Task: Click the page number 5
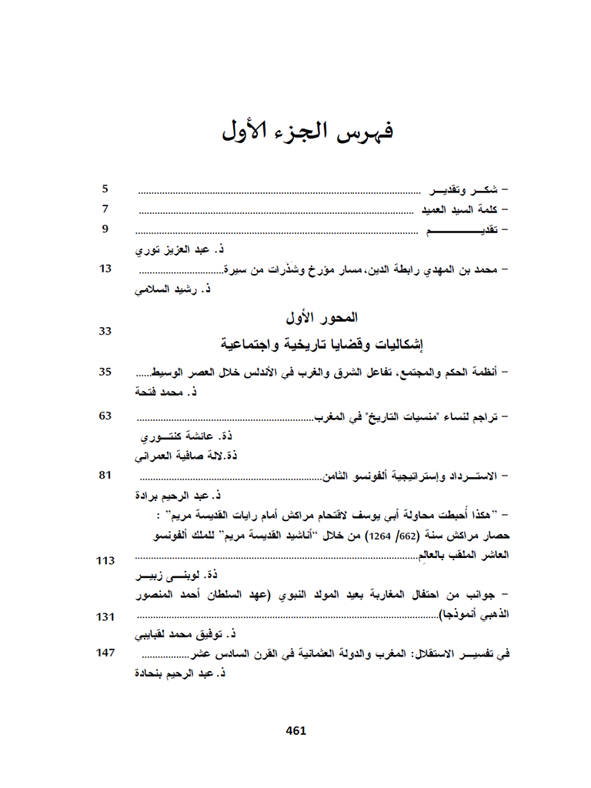pyautogui.click(x=106, y=189)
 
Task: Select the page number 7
pyautogui.click(x=106, y=209)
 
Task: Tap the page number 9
pyautogui.click(x=106, y=229)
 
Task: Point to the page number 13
pyautogui.click(x=106, y=269)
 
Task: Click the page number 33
pyautogui.click(x=106, y=331)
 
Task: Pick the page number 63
pyautogui.click(x=106, y=416)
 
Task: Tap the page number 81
pyautogui.click(x=106, y=475)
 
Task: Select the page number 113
pyautogui.click(x=105, y=560)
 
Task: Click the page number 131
pyautogui.click(x=105, y=617)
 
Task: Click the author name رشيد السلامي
pyautogui.click(x=174, y=290)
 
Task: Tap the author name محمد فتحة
pyautogui.click(x=164, y=393)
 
